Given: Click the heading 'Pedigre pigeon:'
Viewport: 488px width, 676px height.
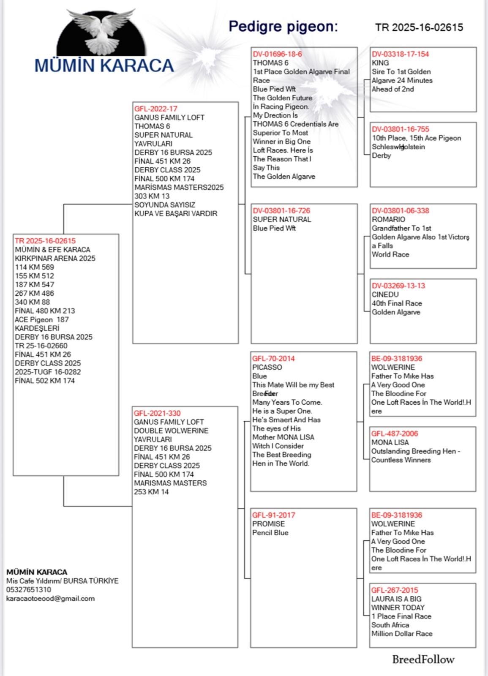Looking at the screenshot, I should click(x=283, y=27).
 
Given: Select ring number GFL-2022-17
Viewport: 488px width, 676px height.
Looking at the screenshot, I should click(x=156, y=109).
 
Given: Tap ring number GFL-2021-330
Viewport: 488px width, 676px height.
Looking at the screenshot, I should click(x=158, y=413).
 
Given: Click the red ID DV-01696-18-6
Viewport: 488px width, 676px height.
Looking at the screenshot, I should click(x=277, y=54).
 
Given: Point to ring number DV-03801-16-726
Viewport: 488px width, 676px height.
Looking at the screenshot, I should click(x=281, y=210).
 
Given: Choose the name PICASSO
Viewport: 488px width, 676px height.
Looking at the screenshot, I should click(x=267, y=367).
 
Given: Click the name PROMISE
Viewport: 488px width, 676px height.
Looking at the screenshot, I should click(x=268, y=523).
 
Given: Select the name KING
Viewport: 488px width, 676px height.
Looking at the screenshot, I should click(x=380, y=63).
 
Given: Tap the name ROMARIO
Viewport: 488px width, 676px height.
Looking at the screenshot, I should click(x=388, y=219).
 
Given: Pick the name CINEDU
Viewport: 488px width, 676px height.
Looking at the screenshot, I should click(x=385, y=294).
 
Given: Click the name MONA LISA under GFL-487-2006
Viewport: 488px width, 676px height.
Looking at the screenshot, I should click(x=390, y=442).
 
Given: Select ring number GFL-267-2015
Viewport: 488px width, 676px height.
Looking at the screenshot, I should click(x=395, y=590).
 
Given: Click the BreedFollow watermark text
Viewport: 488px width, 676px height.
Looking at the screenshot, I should click(x=423, y=660).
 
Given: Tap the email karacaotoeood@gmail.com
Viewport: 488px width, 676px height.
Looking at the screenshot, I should click(x=50, y=598).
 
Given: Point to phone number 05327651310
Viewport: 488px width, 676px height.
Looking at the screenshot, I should click(x=28, y=589).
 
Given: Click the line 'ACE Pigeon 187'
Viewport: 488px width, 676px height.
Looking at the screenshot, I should click(x=41, y=319).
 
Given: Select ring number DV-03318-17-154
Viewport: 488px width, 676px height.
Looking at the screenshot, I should click(x=400, y=54).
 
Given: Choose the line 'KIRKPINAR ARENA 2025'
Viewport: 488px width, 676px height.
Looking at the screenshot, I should click(x=55, y=258).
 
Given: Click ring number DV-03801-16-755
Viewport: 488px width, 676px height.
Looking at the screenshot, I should click(x=400, y=129).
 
